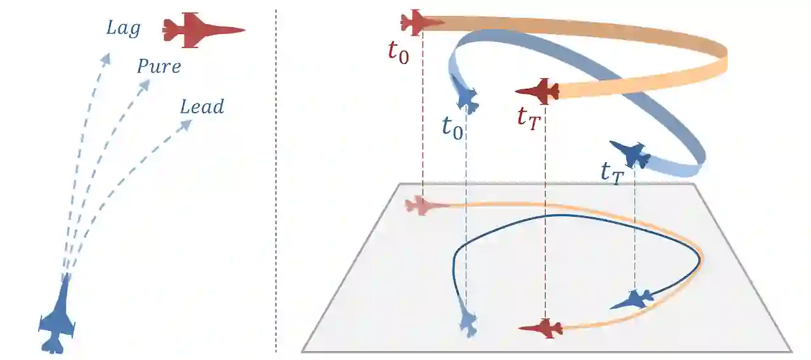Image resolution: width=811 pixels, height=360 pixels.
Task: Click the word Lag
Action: tap(123, 29)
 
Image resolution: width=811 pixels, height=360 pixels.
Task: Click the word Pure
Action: tap(159, 67)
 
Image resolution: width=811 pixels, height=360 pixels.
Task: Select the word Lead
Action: tap(202, 106)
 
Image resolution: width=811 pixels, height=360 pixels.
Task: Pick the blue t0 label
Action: tap(452, 127)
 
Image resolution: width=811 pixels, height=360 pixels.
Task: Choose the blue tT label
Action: tap(613, 172)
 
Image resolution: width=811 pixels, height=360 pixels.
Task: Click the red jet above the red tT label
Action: tap(539, 91)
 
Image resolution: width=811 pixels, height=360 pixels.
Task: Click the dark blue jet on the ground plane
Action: tap(632, 299)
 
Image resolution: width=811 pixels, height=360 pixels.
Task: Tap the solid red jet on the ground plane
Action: tap(542, 328)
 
